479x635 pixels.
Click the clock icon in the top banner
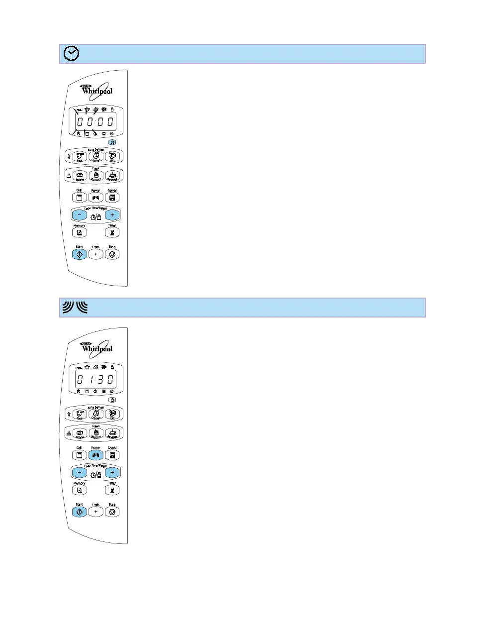(x=72, y=54)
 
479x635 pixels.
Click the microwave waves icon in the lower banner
(x=75, y=308)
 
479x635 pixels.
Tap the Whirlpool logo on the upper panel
(x=97, y=90)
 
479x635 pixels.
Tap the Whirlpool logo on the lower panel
(x=97, y=348)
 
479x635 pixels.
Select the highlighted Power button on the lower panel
(x=96, y=455)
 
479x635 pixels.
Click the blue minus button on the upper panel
(x=79, y=215)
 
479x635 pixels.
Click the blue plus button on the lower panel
(x=112, y=473)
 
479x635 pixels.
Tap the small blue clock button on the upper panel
(x=112, y=142)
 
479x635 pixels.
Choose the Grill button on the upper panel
(x=79, y=198)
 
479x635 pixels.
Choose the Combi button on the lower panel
(x=112, y=455)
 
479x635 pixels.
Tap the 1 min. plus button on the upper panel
(x=96, y=254)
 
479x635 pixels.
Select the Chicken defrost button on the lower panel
(x=96, y=414)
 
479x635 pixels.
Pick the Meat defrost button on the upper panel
(x=80, y=156)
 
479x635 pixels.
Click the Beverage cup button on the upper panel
(x=112, y=176)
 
